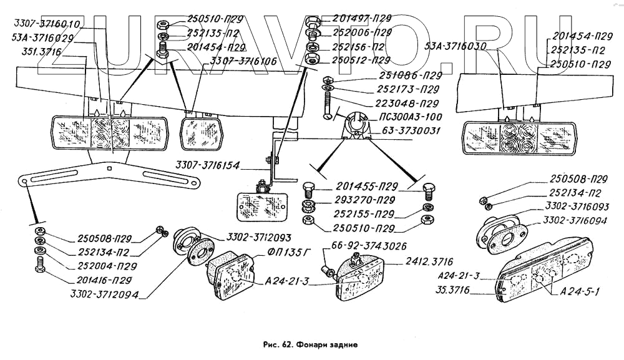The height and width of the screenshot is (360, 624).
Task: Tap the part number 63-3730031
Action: (411, 130)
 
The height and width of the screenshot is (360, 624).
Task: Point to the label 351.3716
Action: (37, 52)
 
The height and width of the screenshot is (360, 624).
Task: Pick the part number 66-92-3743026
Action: (369, 246)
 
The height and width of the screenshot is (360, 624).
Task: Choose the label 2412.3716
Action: (429, 261)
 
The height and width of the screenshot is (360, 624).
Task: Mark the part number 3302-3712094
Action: (104, 294)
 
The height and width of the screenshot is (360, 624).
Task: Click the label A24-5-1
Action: (580, 291)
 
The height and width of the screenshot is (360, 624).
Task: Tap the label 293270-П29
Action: (364, 200)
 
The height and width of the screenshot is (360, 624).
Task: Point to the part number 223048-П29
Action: (407, 104)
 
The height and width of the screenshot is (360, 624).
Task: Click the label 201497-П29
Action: (362, 18)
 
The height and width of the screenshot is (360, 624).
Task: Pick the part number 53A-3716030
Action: (456, 46)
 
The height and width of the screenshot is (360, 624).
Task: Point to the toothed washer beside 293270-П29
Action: (307, 207)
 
